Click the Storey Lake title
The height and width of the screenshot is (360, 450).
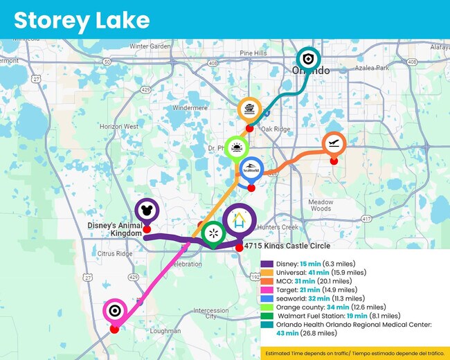coord(82,19)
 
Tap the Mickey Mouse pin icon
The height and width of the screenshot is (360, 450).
coord(145,208)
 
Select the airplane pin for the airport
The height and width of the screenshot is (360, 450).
coord(333,144)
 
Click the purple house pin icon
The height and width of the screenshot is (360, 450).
coord(239,222)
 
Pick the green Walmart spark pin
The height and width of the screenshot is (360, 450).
coord(213,233)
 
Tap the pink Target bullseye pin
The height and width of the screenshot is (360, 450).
coord(114,310)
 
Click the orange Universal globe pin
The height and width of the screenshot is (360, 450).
coord(249,110)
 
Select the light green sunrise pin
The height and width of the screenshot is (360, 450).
coord(237,148)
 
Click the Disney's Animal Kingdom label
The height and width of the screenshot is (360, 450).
coord(114,229)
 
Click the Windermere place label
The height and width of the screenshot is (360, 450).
coord(190,108)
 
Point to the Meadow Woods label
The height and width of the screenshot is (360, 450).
coord(321,205)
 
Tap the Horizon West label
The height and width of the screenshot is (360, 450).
coord(118,127)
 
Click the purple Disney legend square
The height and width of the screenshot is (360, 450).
coord(267,264)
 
